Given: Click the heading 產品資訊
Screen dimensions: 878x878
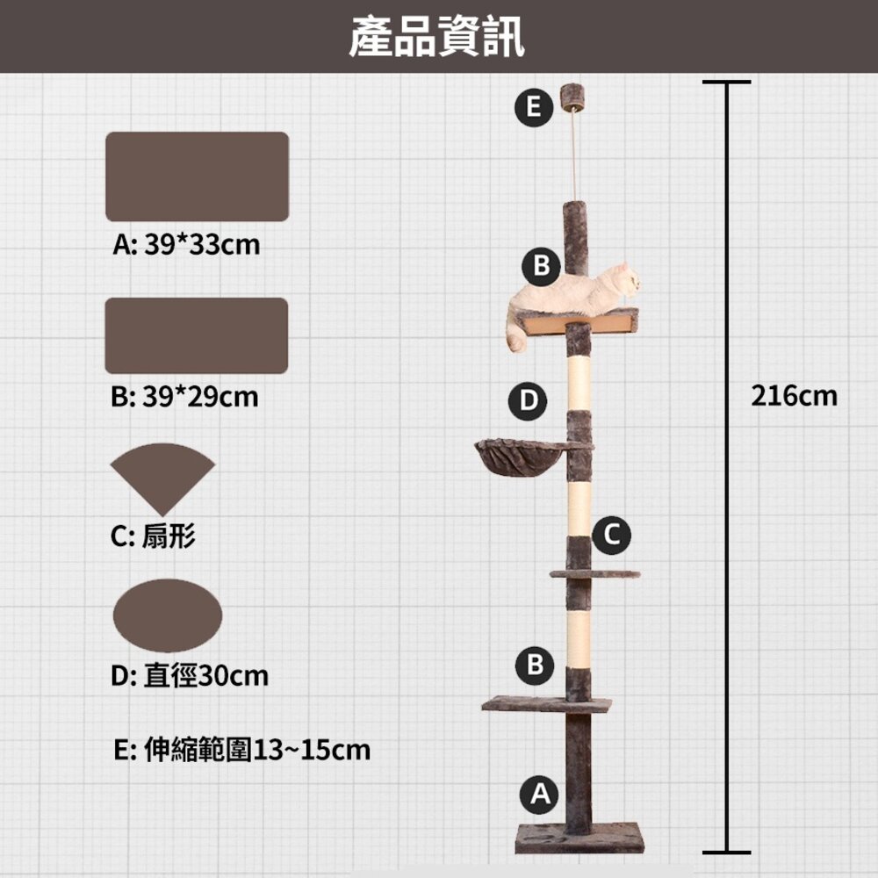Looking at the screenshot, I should click(436, 38).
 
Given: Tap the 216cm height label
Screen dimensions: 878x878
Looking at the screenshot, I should click(795, 396).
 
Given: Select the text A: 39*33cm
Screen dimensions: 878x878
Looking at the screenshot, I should click(186, 244).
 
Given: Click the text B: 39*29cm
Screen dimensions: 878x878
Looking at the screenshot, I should click(185, 398).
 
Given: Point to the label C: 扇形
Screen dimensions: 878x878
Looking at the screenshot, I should click(154, 535).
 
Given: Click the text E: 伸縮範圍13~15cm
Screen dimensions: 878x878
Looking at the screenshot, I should click(242, 751).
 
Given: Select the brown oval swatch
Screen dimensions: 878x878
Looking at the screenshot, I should click(168, 615).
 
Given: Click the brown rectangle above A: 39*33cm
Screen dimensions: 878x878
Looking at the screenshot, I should click(197, 176).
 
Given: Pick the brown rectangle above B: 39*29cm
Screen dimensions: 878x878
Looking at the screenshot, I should click(196, 335).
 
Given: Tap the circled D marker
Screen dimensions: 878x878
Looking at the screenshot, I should click(528, 400).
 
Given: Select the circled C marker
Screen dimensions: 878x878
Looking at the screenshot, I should click(611, 534).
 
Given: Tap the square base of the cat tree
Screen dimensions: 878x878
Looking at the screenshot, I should click(579, 837).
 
